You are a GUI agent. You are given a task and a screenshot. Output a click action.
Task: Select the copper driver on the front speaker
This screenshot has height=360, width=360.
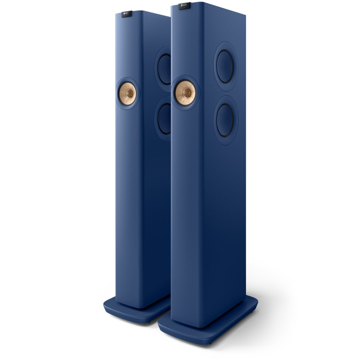click(185, 93)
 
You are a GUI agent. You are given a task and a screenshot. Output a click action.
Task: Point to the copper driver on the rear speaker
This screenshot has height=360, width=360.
click(127, 92)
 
